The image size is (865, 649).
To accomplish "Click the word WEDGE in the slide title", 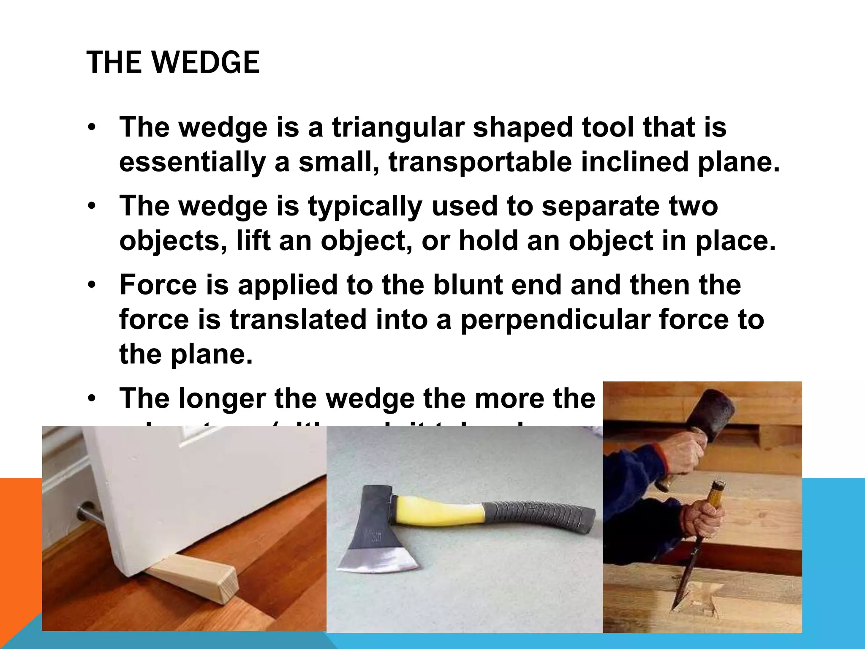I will point(206,63).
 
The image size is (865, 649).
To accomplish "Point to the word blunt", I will point(468,285).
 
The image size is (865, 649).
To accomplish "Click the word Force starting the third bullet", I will point(158,285).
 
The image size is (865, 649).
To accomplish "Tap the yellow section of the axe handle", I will point(439,512).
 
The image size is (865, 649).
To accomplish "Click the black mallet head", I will point(713,414).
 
